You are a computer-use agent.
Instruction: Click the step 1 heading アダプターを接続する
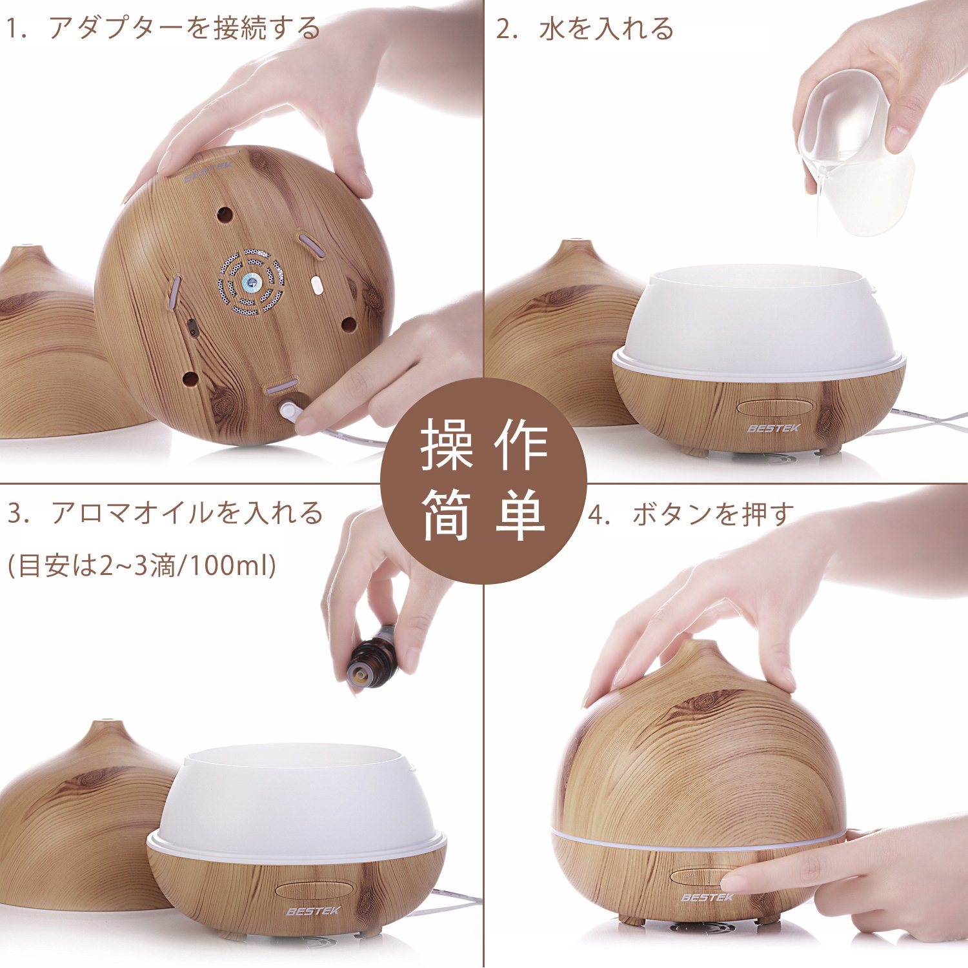tap(185, 28)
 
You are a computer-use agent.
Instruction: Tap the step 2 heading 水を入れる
tap(606, 28)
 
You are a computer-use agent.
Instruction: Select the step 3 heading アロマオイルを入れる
tap(187, 512)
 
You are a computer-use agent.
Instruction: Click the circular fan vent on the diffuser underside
tap(251, 282)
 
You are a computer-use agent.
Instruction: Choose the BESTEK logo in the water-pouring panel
tap(774, 428)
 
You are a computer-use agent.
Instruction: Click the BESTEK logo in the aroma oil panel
tap(313, 911)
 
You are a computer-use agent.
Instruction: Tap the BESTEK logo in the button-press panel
tap(707, 897)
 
